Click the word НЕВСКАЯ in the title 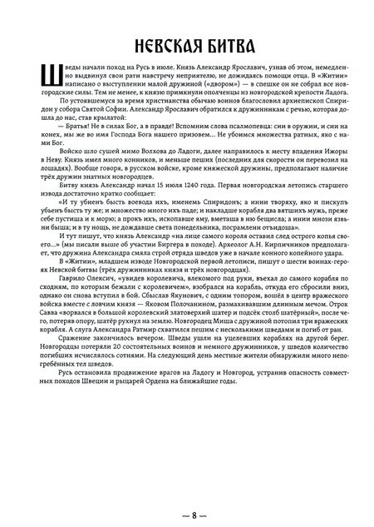(x=148, y=42)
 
